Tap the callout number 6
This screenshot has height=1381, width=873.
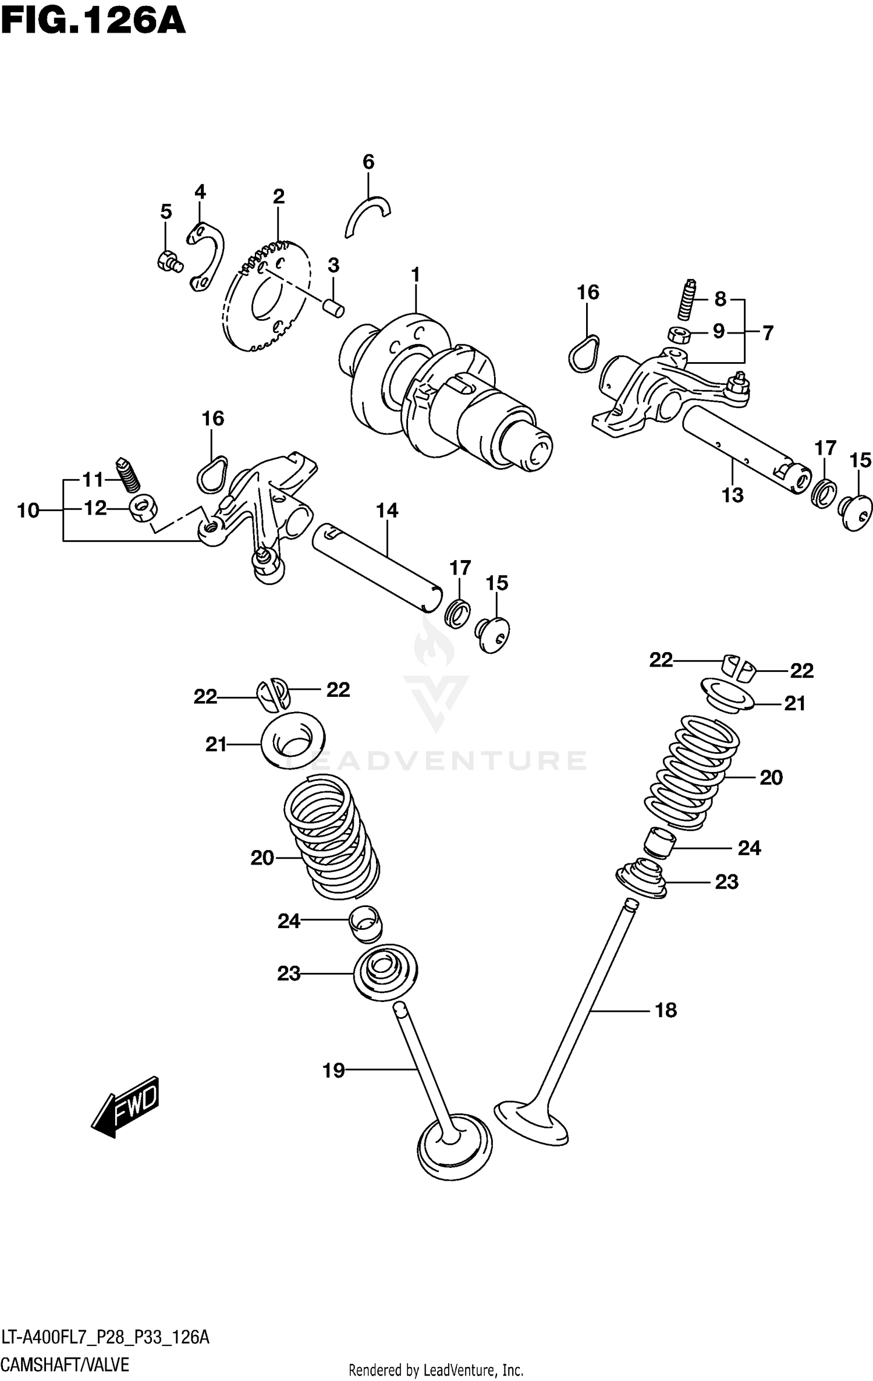pyautogui.click(x=368, y=162)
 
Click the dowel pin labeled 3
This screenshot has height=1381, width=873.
pyautogui.click(x=335, y=307)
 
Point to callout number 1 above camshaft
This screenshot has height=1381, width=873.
pyautogui.click(x=416, y=274)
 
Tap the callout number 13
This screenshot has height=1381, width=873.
pyautogui.click(x=732, y=495)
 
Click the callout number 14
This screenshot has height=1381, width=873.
pyautogui.click(x=387, y=511)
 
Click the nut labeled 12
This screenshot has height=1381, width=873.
pyautogui.click(x=143, y=509)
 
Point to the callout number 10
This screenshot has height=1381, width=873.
pyautogui.click(x=28, y=511)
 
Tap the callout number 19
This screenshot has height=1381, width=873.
pyautogui.click(x=334, y=1070)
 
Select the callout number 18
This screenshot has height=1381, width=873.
pyautogui.click(x=665, y=1010)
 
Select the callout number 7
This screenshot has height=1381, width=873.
pyautogui.click(x=768, y=333)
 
